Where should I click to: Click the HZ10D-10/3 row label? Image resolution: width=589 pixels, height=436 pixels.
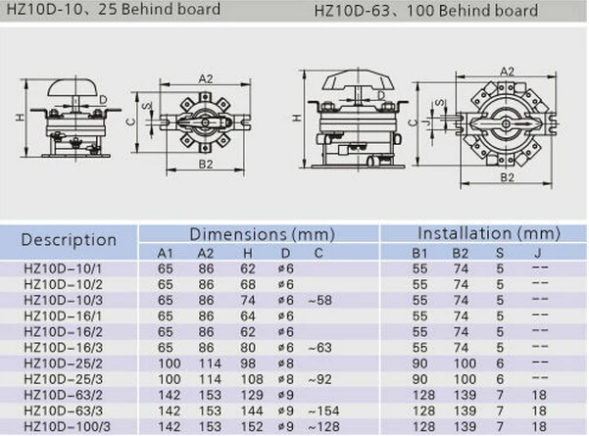[x=63, y=301]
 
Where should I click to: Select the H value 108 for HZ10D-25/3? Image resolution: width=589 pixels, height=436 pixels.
[x=252, y=379]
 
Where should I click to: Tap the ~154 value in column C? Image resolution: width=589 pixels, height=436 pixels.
[x=323, y=411]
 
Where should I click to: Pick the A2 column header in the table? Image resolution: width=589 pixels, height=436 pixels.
[x=206, y=254]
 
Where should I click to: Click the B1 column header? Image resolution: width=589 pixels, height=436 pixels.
[x=419, y=254]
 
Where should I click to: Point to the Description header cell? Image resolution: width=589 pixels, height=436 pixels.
[x=69, y=240]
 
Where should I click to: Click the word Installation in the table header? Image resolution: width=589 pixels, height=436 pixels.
[x=465, y=233]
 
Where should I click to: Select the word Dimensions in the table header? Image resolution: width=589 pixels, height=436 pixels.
[x=238, y=234]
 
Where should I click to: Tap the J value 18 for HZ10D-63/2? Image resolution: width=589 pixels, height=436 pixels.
[x=539, y=395]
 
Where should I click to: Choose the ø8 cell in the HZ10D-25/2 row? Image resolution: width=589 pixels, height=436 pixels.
[x=285, y=363]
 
